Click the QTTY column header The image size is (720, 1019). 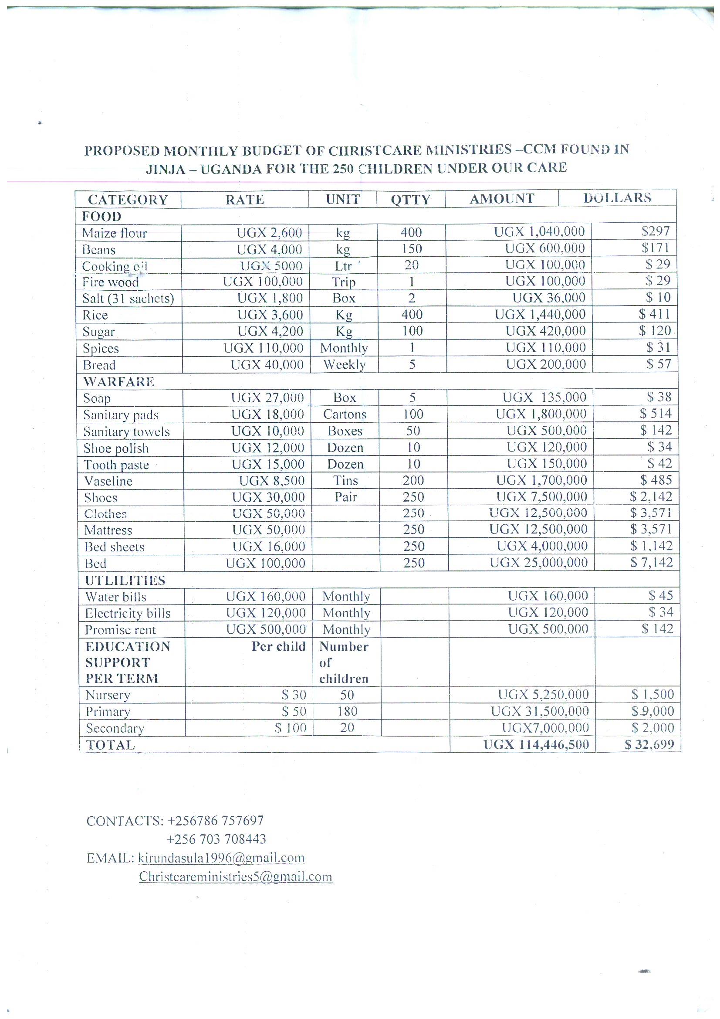(410, 200)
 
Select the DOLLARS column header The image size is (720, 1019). (617, 198)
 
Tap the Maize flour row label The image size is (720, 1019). (115, 233)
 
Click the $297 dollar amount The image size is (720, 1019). (656, 231)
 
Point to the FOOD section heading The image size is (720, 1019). (101, 217)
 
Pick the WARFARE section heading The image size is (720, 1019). (119, 382)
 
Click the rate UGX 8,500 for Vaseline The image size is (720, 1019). (272, 481)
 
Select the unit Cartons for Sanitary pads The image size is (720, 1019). (345, 414)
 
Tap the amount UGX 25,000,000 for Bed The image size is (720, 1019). (538, 563)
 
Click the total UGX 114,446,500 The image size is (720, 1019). (536, 744)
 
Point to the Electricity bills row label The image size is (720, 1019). (128, 613)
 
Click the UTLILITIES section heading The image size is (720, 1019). (125, 581)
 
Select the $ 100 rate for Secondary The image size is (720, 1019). (291, 728)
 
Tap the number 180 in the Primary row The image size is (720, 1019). (347, 711)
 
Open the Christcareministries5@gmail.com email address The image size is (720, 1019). (236, 876)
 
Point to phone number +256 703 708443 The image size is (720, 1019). (216, 839)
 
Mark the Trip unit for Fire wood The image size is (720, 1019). (343, 282)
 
